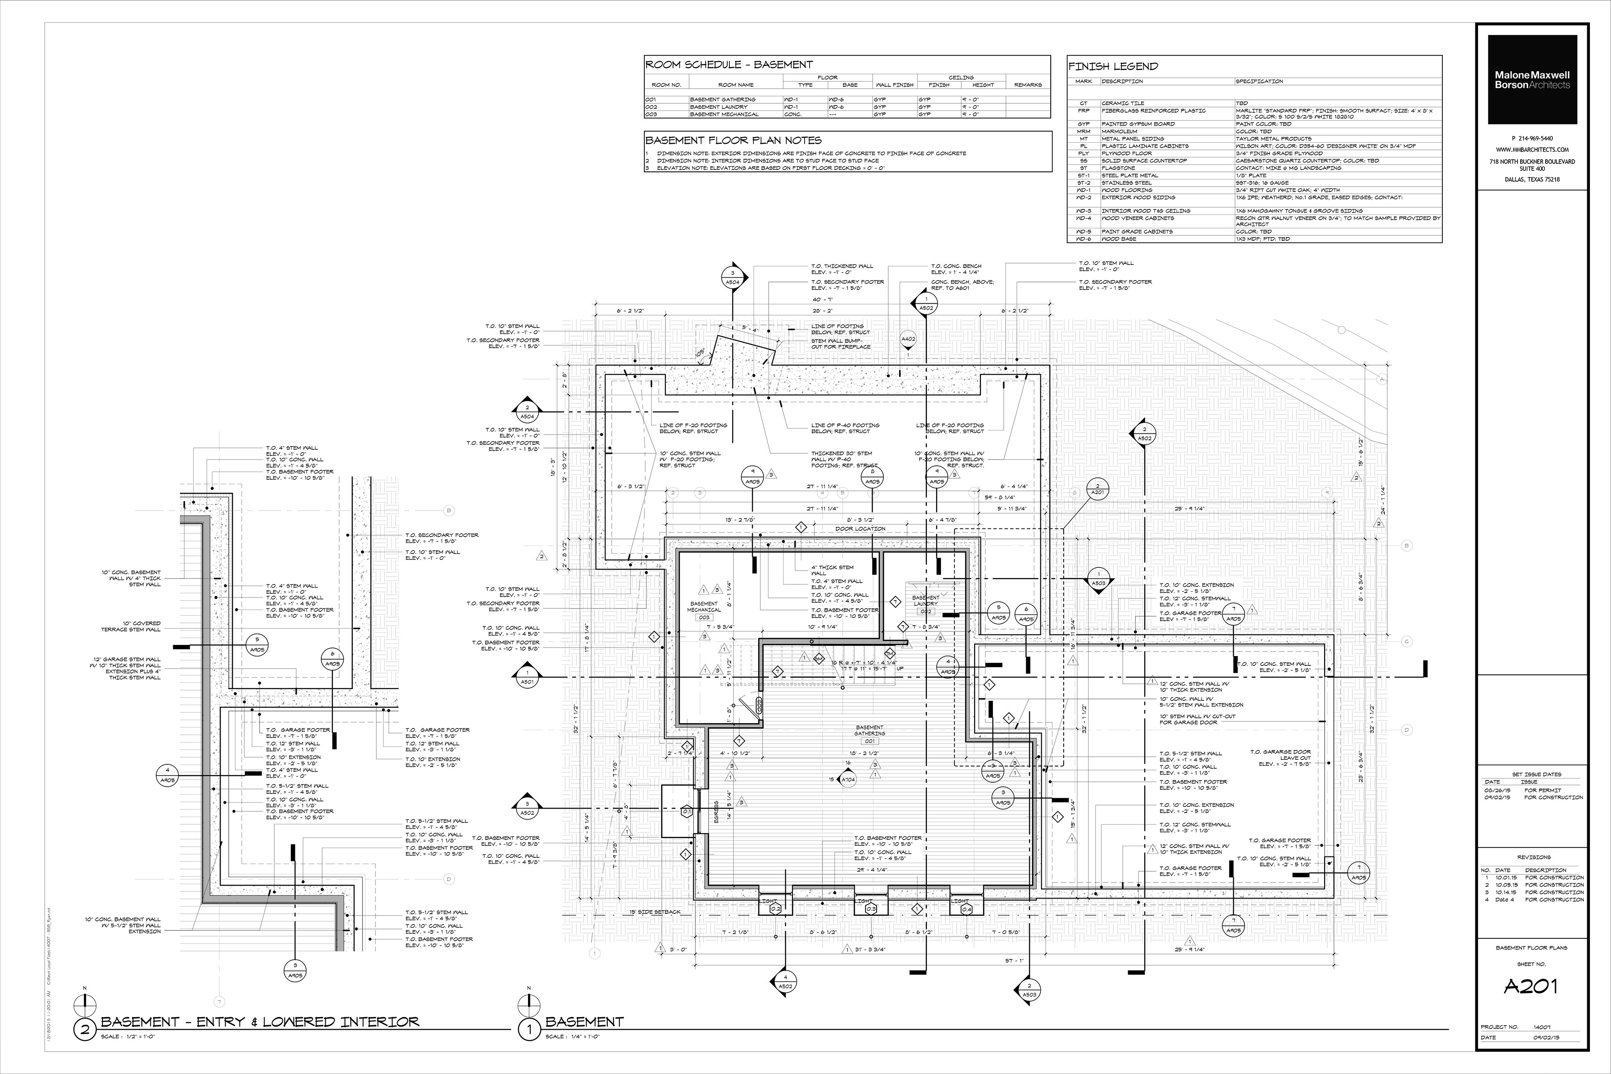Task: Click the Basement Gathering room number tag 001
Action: click(x=869, y=741)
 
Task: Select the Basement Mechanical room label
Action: click(x=703, y=607)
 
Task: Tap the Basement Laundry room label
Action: click(x=925, y=601)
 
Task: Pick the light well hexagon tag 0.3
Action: click(x=870, y=909)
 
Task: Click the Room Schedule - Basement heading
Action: click(x=729, y=64)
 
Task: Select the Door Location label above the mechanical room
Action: click(x=860, y=529)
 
